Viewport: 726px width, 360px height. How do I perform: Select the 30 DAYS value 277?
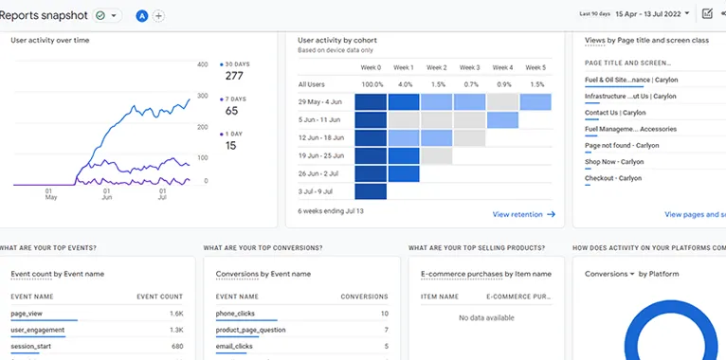pyautogui.click(x=234, y=76)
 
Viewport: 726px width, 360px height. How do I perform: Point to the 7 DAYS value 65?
pyautogui.click(x=231, y=111)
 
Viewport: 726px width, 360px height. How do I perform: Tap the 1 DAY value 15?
pyautogui.click(x=231, y=145)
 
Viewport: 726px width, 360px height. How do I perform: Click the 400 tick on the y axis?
pyautogui.click(x=202, y=64)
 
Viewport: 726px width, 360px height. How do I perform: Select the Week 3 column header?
pyautogui.click(x=470, y=68)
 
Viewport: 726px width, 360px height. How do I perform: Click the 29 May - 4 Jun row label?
pyautogui.click(x=320, y=101)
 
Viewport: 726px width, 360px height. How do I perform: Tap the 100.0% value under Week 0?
pyautogui.click(x=372, y=84)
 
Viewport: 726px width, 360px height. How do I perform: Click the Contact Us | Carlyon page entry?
pyautogui.click(x=615, y=112)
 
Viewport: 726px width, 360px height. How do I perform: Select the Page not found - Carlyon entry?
pyautogui.click(x=622, y=145)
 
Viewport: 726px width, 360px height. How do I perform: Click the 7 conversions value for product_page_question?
pyautogui.click(x=385, y=330)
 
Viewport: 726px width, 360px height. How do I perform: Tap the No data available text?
pyautogui.click(x=485, y=317)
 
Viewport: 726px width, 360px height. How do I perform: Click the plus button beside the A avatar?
pyautogui.click(x=158, y=15)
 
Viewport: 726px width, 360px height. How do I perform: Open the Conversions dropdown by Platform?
pyautogui.click(x=609, y=274)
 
